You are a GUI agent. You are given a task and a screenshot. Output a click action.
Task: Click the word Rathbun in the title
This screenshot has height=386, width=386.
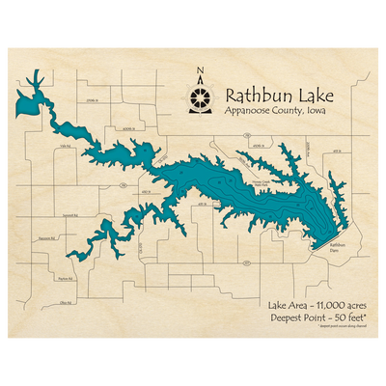tap(256, 96)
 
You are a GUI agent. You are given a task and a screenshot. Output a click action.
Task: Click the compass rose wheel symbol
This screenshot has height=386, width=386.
tap(200, 97)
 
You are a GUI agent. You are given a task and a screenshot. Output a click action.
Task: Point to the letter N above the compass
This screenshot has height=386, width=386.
tap(200, 69)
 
